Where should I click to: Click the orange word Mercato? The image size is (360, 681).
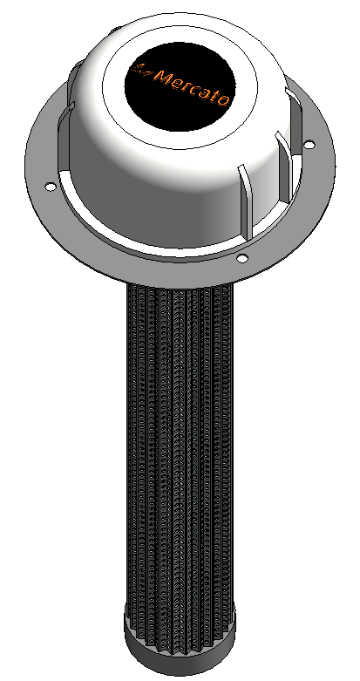[x=191, y=88]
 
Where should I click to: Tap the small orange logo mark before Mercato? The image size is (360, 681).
[x=141, y=70]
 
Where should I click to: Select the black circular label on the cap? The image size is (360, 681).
[x=180, y=86]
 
